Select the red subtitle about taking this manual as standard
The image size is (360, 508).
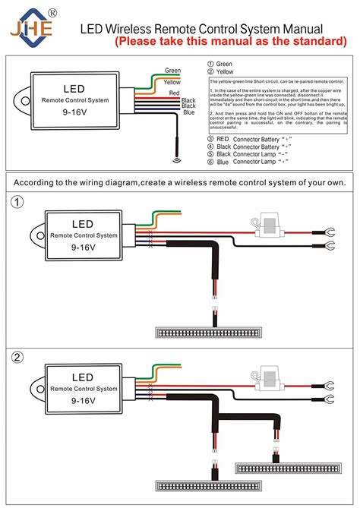tap(230, 42)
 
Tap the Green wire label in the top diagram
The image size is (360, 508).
tap(172, 71)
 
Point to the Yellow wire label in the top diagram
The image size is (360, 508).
tap(172, 81)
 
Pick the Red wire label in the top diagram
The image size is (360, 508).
tap(174, 92)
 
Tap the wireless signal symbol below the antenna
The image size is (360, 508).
tap(178, 159)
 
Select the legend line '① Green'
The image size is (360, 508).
tap(221, 65)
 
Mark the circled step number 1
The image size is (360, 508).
tap(19, 203)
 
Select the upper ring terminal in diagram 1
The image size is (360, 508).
tap(328, 226)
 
